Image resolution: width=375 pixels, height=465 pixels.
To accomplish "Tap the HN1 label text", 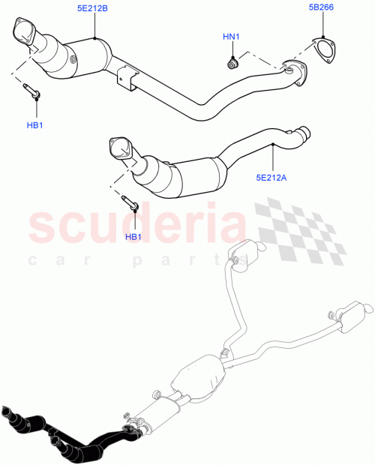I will pyautogui.click(x=231, y=36).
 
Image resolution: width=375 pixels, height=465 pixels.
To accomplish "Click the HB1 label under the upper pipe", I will pyautogui.click(x=34, y=124).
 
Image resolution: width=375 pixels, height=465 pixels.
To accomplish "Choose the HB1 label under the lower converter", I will pyautogui.click(x=133, y=237).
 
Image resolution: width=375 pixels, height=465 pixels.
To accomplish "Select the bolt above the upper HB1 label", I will pyautogui.click(x=33, y=93).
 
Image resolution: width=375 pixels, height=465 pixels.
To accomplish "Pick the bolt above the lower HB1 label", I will pyautogui.click(x=130, y=202).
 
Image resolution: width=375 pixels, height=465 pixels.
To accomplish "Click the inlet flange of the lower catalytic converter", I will pyautogui.click(x=119, y=147).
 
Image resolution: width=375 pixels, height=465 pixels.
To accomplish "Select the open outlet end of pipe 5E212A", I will pyautogui.click(x=304, y=134).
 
